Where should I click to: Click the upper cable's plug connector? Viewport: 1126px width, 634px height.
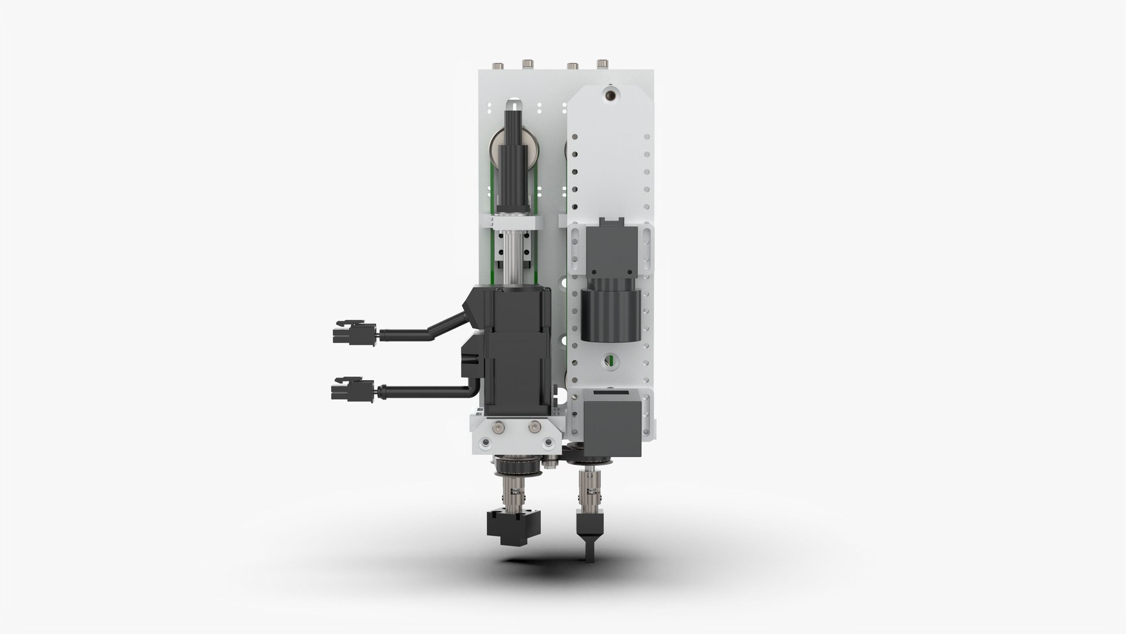point(352,332)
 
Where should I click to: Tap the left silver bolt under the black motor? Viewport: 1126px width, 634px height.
point(498,427)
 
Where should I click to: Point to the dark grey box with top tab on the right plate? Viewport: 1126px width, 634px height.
point(610,247)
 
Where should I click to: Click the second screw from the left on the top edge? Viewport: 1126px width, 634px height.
point(527,63)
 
